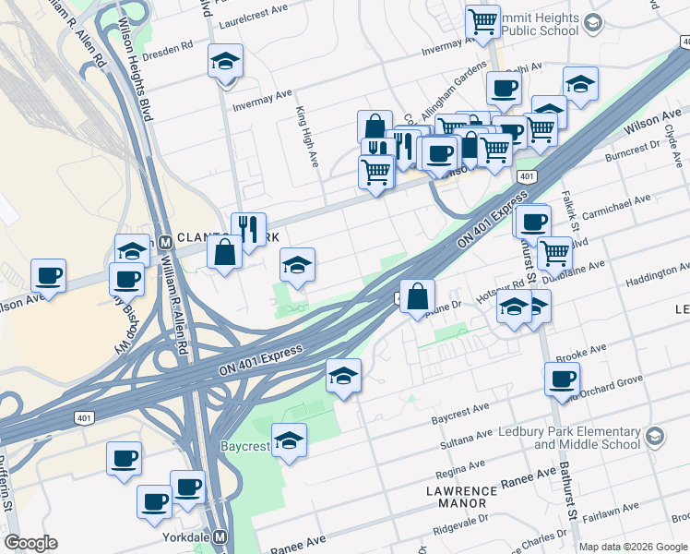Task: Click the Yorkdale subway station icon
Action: point(220,537)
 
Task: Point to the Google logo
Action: point(30,543)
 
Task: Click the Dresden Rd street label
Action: point(172,43)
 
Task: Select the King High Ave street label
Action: point(307,136)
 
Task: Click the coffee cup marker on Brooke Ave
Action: point(561,379)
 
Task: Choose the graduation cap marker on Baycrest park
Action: point(289,440)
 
